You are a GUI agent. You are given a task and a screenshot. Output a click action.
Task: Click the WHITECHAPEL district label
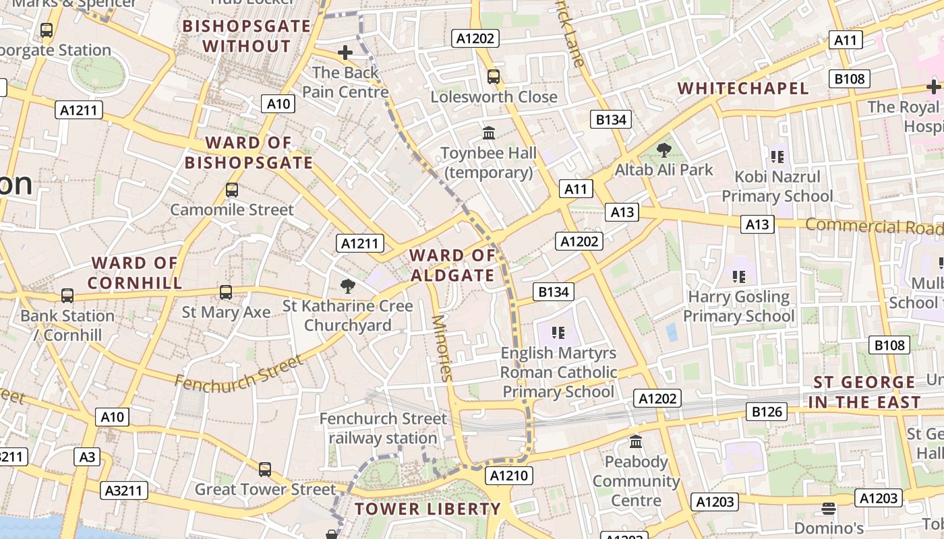point(742,88)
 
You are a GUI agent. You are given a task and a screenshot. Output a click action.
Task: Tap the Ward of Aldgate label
point(452,265)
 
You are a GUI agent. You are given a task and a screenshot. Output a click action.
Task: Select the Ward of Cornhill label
point(135,273)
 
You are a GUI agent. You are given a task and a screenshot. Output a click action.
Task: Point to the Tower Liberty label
point(427,509)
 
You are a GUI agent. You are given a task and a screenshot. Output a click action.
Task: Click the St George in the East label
point(866,392)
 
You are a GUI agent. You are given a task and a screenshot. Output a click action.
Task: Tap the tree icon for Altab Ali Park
point(664,150)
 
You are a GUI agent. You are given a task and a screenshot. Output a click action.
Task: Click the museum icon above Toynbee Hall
point(489,133)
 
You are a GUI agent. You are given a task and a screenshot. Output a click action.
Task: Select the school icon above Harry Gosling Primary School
point(739,276)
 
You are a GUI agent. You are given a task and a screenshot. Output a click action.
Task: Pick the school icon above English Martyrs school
point(558,332)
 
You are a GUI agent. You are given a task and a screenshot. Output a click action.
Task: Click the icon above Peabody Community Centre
point(636,442)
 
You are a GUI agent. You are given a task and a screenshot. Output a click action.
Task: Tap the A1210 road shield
point(509,476)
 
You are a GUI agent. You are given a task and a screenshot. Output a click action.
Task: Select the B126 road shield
point(767,411)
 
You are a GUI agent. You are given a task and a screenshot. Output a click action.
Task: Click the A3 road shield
point(88,457)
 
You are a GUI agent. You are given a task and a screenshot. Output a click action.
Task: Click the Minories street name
point(441,348)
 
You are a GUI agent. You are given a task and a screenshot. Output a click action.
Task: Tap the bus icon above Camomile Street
point(232,190)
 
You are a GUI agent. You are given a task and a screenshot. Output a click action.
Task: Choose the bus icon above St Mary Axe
point(226,292)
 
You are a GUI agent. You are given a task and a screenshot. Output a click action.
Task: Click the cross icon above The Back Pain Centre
point(345,52)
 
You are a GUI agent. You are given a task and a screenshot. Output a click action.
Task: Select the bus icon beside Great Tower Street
point(265,469)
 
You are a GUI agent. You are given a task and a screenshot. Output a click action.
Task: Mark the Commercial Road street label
point(874,226)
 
